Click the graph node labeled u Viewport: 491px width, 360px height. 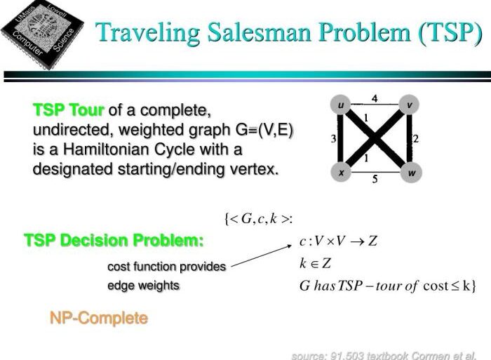[341, 106]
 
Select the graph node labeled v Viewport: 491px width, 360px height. [409, 106]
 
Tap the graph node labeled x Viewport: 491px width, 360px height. [341, 171]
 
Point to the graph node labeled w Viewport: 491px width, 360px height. [409, 171]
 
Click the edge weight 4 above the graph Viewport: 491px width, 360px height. [375, 99]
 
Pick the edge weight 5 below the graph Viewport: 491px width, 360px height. [375, 180]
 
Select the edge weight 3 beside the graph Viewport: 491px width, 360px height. [333, 139]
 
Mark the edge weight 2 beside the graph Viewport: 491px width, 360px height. [416, 139]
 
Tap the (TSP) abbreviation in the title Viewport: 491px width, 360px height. [440, 33]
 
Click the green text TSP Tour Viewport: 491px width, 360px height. [68, 110]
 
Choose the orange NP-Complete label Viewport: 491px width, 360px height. [99, 318]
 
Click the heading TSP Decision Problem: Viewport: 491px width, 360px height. [114, 241]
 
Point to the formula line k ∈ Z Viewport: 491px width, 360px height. [315, 264]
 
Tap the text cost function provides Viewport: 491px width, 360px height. [166, 267]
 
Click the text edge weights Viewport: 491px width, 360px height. [143, 285]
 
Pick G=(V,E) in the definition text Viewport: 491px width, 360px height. [256, 130]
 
